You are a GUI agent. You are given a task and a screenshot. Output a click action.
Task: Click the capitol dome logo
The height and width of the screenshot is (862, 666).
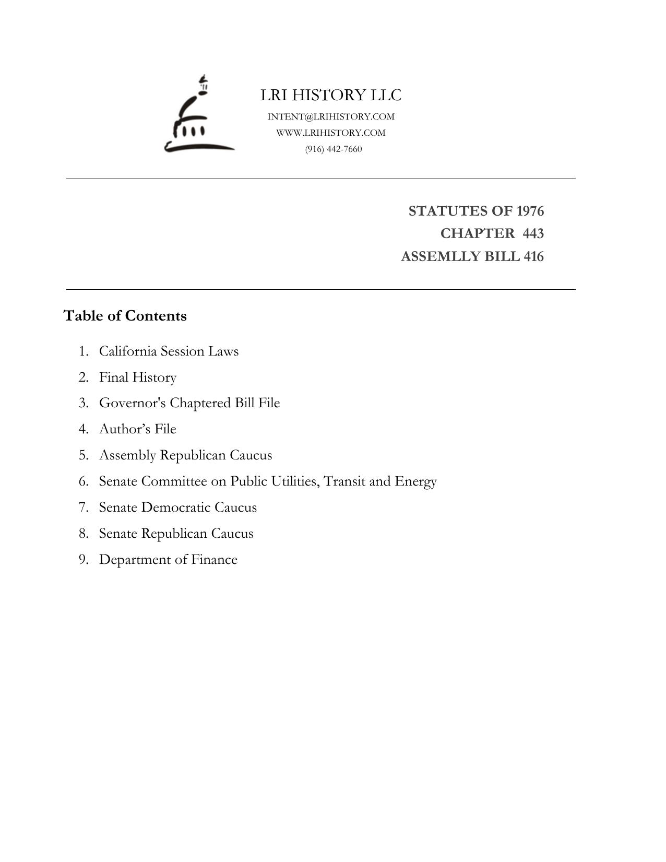199,115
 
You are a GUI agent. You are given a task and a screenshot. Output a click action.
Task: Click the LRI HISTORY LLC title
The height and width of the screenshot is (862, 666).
331,95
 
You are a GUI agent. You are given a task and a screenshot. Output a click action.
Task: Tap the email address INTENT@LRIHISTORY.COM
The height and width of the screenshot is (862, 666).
331,116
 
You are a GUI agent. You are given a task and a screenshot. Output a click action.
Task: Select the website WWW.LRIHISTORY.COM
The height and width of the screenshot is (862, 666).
331,133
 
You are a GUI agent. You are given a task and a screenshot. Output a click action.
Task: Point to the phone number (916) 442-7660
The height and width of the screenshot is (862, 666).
334,149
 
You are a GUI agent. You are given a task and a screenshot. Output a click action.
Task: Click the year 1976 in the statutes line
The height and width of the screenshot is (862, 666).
530,211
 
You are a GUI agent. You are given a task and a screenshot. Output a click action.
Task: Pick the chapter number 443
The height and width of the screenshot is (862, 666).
533,233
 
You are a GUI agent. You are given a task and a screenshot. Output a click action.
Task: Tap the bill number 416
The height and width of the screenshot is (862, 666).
533,256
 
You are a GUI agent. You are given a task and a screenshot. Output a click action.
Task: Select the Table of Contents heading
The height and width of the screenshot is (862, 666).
125,316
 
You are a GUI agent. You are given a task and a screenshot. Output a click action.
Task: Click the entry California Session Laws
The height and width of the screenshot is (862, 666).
169,351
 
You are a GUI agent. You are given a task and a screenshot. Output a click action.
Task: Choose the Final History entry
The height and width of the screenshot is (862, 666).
138,377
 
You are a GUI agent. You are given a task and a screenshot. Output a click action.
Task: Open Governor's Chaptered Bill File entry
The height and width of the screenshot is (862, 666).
189,403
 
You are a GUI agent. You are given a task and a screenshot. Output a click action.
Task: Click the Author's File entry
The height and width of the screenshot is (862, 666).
138,429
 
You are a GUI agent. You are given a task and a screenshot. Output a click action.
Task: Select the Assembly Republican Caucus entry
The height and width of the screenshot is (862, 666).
185,455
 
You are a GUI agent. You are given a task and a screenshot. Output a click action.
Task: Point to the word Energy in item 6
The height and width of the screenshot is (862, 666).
415,481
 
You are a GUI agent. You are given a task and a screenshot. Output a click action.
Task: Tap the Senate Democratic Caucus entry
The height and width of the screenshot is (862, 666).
178,507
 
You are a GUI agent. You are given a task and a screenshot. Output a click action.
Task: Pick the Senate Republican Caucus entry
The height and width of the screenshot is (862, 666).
176,533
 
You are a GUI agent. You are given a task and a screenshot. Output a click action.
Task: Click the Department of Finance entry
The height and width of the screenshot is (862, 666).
168,559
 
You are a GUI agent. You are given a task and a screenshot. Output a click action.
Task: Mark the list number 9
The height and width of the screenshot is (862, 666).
84,559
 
